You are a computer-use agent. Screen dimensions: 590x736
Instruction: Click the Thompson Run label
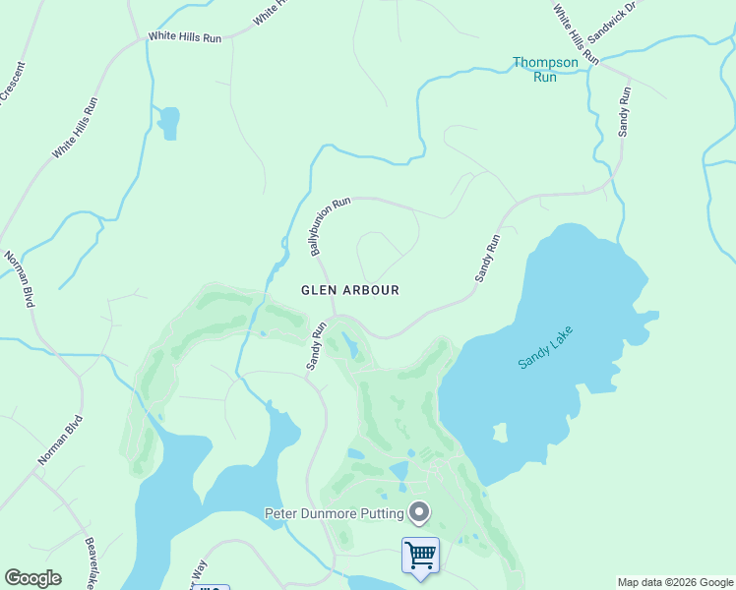click(x=545, y=69)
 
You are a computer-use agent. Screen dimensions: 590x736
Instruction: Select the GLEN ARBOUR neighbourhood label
click(x=350, y=290)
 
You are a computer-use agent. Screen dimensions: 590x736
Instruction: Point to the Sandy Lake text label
click(x=544, y=348)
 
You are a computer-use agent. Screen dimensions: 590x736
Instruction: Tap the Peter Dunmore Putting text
click(x=335, y=513)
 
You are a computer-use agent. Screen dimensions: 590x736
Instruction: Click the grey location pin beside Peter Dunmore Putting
click(x=420, y=511)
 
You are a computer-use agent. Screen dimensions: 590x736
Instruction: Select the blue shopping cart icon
click(x=420, y=556)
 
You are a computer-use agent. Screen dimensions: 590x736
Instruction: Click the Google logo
click(x=32, y=578)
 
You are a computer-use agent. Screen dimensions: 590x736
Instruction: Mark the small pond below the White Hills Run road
click(x=168, y=122)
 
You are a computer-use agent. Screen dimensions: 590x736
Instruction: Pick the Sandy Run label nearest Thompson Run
click(x=624, y=110)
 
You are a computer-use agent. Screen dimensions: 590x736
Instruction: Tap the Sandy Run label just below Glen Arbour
click(x=315, y=345)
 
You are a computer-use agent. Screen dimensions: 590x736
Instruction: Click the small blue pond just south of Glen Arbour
click(x=350, y=346)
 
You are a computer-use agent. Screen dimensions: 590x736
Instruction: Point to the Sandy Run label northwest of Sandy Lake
click(x=488, y=259)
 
